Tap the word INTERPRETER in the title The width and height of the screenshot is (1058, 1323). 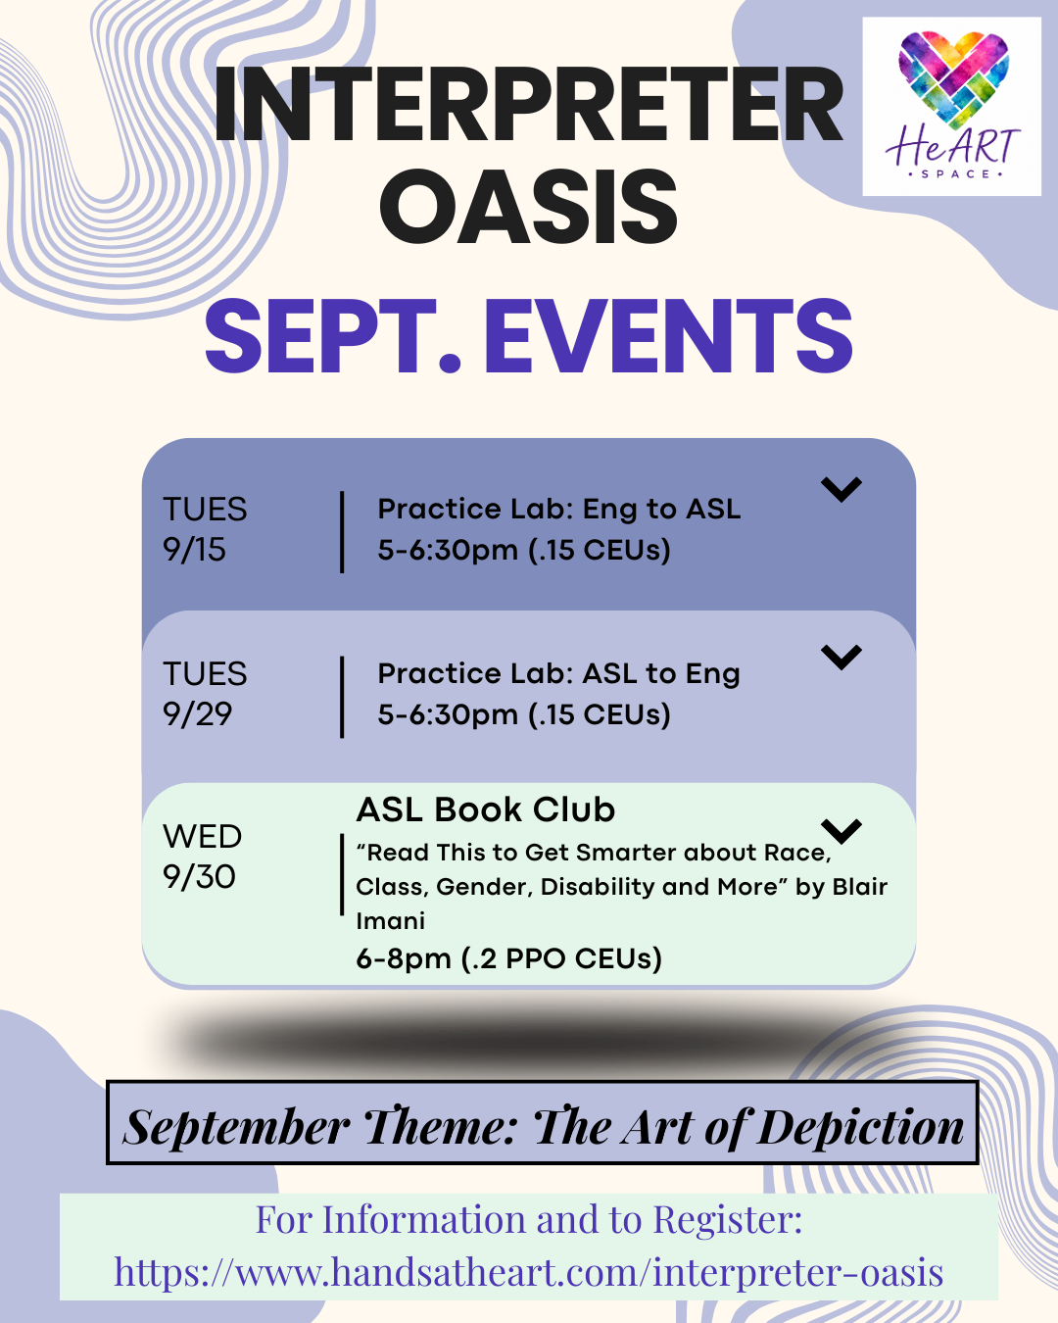[x=529, y=105]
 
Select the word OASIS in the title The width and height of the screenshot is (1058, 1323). [x=529, y=207]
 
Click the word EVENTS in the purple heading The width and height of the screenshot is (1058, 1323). [x=668, y=336]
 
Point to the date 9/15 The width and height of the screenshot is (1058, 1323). [x=194, y=549]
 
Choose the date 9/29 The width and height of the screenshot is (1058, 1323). [x=197, y=713]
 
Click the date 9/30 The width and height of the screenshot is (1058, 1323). [x=199, y=876]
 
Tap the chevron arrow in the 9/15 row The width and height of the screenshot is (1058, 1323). [x=842, y=489]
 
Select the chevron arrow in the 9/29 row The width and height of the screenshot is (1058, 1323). [x=842, y=657]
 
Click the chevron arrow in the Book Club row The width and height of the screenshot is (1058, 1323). [x=842, y=831]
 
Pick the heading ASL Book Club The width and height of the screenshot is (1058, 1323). [x=486, y=809]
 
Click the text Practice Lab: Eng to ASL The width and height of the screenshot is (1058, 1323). [x=558, y=510]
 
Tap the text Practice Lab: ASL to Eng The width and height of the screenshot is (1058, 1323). [x=558, y=674]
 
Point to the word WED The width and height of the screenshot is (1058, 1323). [x=202, y=836]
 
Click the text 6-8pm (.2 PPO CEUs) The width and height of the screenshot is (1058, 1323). [x=509, y=958]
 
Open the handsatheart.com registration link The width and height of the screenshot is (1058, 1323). [x=529, y=1272]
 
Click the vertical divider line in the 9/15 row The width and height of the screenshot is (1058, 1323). [x=342, y=532]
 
